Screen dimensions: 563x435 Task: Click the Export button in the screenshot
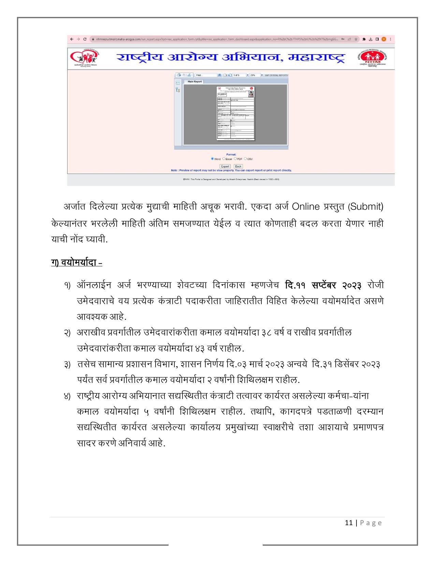pos(225,166)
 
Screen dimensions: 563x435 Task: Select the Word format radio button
pos(212,159)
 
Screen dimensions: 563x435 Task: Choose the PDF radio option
pos(235,159)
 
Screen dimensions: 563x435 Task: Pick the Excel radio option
pos(224,159)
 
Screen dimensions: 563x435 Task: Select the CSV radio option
pos(246,159)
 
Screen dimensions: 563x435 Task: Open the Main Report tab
pos(195,82)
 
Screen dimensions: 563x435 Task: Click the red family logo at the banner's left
pos(83,58)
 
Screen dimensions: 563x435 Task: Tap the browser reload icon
pos(85,39)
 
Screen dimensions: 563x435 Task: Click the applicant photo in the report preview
pos(251,94)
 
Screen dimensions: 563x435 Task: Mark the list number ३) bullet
pos(67,365)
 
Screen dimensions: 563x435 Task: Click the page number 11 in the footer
pos(349,523)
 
